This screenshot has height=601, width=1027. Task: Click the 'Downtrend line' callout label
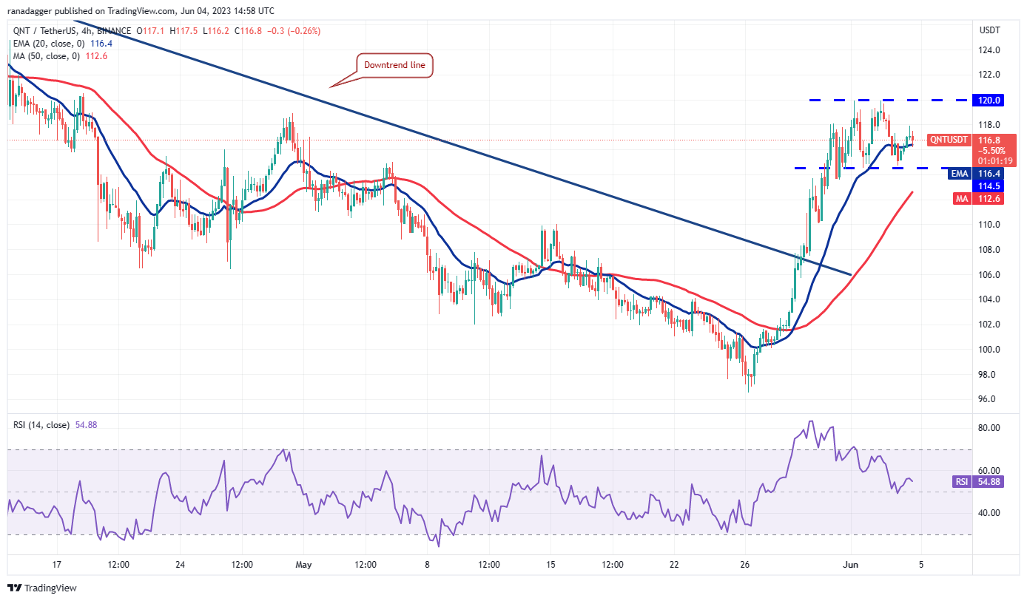coord(394,65)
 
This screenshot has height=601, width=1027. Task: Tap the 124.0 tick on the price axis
coord(989,50)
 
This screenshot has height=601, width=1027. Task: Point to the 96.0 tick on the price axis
coord(989,399)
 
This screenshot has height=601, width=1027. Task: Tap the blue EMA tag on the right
coord(959,174)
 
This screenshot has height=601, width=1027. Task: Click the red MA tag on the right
coord(960,198)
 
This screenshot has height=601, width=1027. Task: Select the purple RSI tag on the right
coord(960,481)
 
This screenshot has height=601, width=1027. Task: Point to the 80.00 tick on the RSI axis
coord(990,427)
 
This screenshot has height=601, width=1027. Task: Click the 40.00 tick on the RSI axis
coord(990,513)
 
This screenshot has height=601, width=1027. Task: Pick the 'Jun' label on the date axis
coord(851,564)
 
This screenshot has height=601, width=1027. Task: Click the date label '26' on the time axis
coord(744,564)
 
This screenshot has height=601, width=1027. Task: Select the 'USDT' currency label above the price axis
coord(989,30)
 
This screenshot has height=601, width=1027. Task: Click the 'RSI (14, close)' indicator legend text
coord(41,425)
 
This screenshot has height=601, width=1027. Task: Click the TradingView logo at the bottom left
coord(42,588)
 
